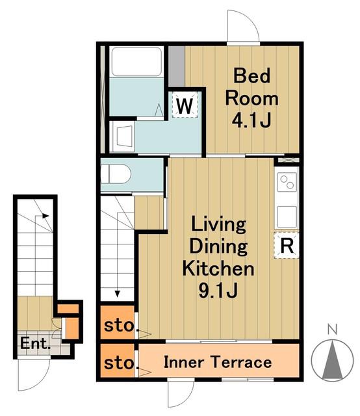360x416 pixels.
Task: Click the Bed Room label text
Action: (251, 86)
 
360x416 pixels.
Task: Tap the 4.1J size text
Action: (251, 120)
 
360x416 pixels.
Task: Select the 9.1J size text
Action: (218, 291)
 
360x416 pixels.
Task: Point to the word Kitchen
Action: (218, 268)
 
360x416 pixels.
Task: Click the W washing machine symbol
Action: (185, 105)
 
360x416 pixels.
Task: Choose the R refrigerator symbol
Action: (287, 246)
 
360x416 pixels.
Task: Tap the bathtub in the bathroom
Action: (136, 62)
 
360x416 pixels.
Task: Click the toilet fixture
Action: (116, 174)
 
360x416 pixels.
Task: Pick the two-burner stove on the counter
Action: (287, 182)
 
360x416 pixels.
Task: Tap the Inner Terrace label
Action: (218, 362)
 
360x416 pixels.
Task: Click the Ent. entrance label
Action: (35, 343)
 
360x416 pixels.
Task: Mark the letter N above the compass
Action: (333, 330)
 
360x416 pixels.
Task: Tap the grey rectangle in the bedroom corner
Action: (177, 66)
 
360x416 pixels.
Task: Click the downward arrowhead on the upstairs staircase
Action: (117, 294)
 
